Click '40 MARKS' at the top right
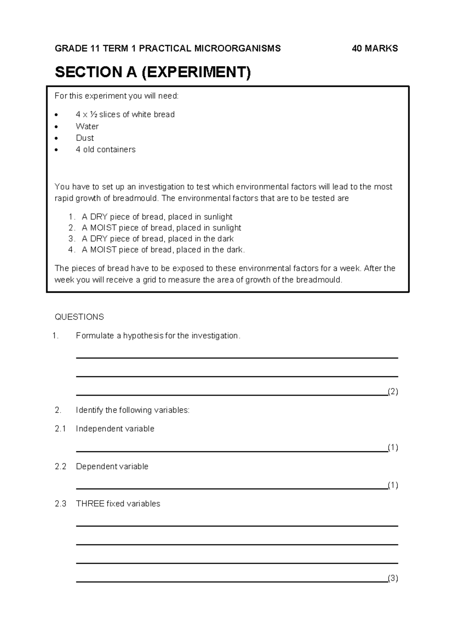[374, 48]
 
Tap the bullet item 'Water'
[87, 126]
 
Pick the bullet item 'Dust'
[85, 138]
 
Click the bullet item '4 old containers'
[105, 149]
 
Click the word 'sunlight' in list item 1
[218, 217]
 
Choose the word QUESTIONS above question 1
[79, 317]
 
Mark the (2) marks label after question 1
[393, 392]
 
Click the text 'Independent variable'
[115, 429]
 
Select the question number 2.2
[60, 466]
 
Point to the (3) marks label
[393, 578]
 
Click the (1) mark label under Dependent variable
[393, 485]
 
